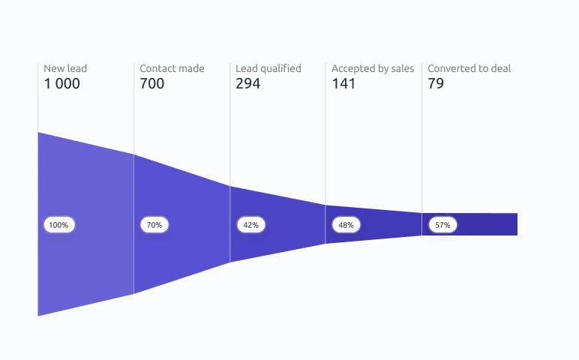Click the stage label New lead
click(65, 68)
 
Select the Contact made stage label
click(172, 68)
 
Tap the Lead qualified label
click(268, 69)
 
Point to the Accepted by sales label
click(373, 69)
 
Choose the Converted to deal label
click(469, 68)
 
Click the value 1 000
click(62, 83)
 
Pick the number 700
click(151, 83)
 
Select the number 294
click(247, 83)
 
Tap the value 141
click(343, 83)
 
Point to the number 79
click(436, 83)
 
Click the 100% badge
click(59, 225)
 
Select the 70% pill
click(154, 225)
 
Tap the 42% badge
click(251, 225)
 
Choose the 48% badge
click(346, 225)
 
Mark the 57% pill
click(442, 225)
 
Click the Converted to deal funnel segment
click(484, 224)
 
